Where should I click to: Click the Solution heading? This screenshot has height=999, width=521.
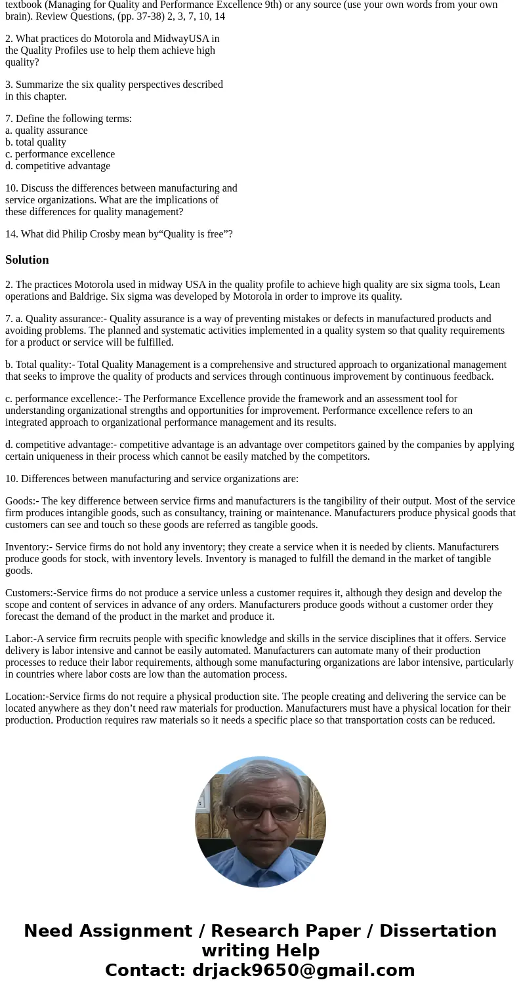click(x=27, y=260)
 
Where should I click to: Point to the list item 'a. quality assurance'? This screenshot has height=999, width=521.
click(x=47, y=131)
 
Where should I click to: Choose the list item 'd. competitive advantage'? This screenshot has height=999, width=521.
click(x=58, y=166)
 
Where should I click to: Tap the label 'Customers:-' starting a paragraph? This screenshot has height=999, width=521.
click(x=30, y=593)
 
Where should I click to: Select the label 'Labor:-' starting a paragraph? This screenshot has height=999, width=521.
click(x=20, y=639)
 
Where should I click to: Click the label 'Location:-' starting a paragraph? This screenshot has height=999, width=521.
click(x=26, y=697)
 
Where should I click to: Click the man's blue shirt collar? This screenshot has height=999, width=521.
click(x=260, y=859)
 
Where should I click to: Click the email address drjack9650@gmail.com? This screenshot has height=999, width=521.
click(x=303, y=971)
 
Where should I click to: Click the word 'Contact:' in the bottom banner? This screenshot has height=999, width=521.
click(x=146, y=971)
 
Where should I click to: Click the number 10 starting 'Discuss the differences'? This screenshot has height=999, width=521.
click(x=10, y=188)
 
